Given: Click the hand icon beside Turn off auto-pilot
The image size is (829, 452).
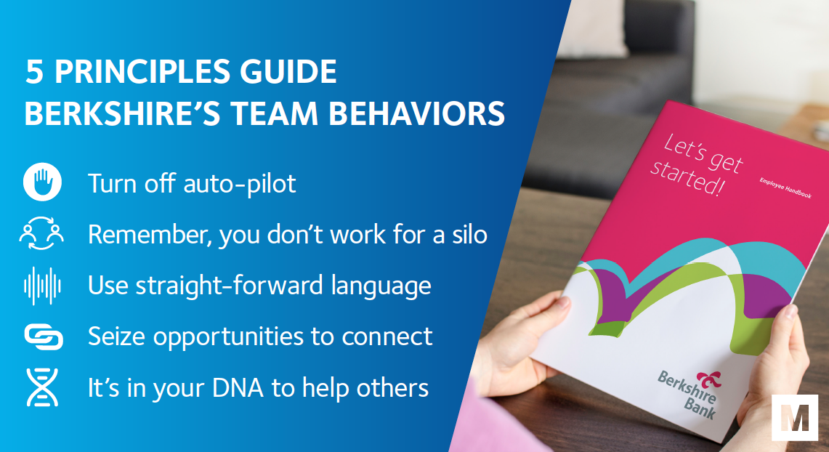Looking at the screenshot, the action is [42, 182].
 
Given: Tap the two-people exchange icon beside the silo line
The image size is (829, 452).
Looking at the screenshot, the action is [41, 233].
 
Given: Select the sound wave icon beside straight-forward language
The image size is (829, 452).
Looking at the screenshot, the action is [42, 286].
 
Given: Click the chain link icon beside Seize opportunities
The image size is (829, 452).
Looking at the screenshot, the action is [44, 337].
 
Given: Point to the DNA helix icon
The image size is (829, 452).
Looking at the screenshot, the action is [42, 387].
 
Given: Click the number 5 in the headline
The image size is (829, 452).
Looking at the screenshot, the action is [34, 72].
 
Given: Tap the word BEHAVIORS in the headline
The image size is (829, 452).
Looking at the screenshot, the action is [416, 113].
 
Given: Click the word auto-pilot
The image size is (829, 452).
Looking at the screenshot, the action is [240, 184].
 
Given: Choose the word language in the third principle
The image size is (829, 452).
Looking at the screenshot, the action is [381, 286].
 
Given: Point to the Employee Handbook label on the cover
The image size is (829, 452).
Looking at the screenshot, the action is [785, 188].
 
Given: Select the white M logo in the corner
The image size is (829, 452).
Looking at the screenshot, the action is [795, 417].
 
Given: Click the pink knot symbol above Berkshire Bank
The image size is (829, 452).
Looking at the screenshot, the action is [709, 379].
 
